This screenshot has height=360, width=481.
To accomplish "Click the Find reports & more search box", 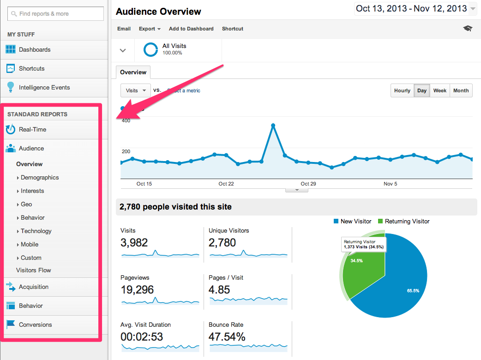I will (55, 14).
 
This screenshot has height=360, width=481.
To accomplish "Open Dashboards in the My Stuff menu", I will (35, 49).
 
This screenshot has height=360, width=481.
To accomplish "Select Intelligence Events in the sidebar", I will (44, 87).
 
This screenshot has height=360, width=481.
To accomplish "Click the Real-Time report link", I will (32, 130).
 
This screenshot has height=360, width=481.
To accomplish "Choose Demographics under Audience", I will (40, 178).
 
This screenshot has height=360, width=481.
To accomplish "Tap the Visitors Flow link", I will (34, 270).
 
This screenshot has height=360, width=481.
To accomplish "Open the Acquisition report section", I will (34, 287).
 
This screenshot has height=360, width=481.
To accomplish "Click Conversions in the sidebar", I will (35, 325).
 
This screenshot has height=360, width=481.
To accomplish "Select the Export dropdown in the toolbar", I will (150, 29).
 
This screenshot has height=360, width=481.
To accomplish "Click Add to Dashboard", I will (191, 29).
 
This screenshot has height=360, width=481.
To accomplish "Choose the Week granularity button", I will (439, 90).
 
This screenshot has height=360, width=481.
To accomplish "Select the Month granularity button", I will (461, 90).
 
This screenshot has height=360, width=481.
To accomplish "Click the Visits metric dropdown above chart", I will (135, 90).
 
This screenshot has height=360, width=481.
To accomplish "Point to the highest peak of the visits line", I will (273, 125).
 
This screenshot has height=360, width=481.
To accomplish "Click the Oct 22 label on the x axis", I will (226, 184).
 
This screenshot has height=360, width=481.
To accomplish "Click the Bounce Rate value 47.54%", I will (227, 336).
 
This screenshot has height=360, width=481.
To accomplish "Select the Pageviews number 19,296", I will (137, 289).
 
